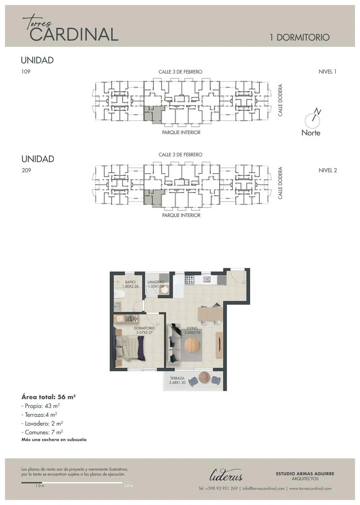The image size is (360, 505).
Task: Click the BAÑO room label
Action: (x=131, y=282)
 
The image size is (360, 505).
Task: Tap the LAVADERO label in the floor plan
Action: (x=156, y=282)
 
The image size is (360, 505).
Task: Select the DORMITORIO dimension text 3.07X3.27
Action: (x=144, y=332)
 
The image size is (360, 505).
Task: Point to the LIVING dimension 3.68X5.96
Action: (x=192, y=332)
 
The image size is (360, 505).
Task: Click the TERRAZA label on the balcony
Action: (x=177, y=378)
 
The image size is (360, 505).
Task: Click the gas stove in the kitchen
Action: (x=189, y=279)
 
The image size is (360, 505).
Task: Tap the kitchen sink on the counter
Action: (x=207, y=279)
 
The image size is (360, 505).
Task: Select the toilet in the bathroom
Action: (x=119, y=294)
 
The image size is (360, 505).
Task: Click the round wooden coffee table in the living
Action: (x=192, y=345)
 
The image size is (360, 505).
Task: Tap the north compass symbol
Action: (x=312, y=119)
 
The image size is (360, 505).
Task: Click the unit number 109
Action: (x=26, y=72)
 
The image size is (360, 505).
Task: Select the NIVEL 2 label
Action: (x=328, y=170)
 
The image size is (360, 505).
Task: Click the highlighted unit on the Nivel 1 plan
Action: (x=153, y=115)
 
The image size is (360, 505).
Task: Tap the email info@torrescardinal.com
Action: (x=264, y=489)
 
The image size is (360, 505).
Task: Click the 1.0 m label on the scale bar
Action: (x=40, y=486)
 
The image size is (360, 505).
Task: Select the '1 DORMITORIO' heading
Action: (x=300, y=37)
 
